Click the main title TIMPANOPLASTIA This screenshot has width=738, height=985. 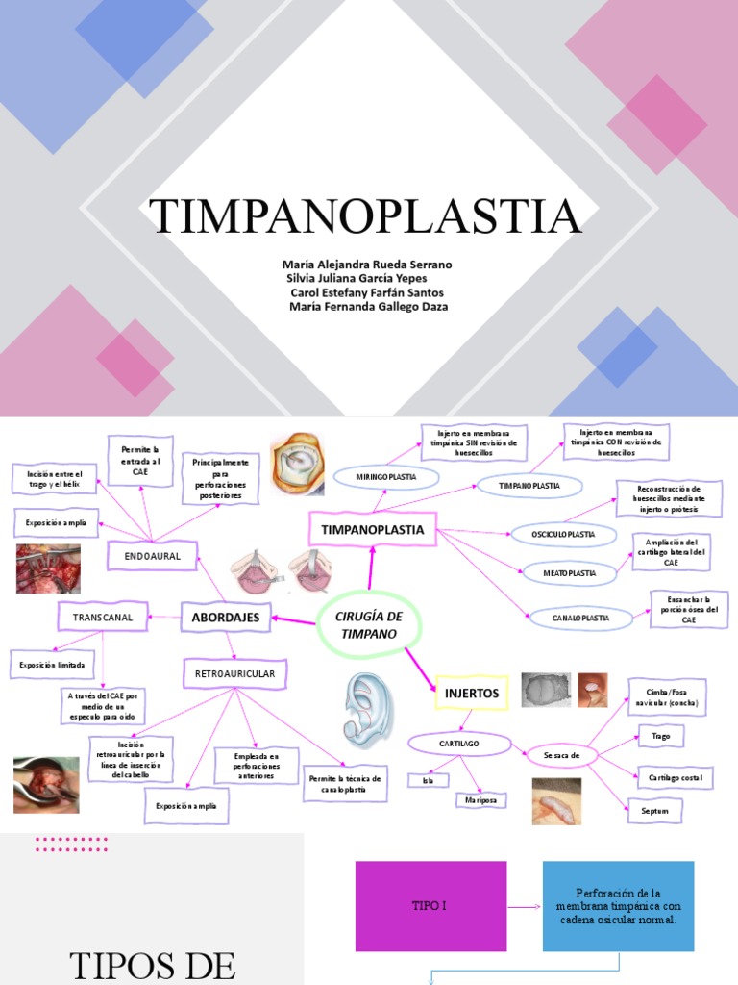[365, 216]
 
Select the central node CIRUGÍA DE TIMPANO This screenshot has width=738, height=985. [370, 623]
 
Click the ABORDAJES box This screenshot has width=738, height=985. [226, 618]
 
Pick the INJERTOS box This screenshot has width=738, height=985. [472, 692]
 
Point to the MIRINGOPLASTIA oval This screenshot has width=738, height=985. [385, 477]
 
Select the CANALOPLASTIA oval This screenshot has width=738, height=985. [580, 618]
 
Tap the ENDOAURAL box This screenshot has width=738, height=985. [152, 556]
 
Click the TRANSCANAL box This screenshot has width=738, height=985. [103, 616]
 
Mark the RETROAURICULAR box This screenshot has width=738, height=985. [234, 673]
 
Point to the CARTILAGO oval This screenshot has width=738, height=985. [459, 744]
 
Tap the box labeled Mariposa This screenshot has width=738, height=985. [481, 799]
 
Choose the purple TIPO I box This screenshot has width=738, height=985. [430, 906]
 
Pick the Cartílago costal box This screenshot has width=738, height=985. [676, 776]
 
